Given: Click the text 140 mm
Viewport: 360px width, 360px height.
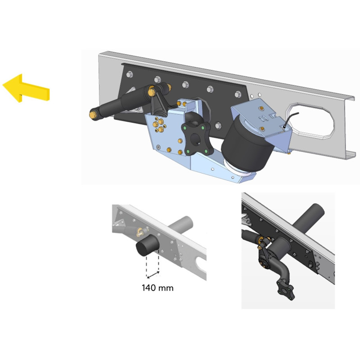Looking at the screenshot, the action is tap(157, 288).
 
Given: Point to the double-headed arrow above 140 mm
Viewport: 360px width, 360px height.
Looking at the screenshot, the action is tap(153, 275).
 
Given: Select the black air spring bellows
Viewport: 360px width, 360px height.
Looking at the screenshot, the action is tap(247, 144).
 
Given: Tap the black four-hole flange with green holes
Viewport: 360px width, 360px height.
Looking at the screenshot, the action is tap(196, 139).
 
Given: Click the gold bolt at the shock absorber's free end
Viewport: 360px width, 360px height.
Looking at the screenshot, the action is tap(93, 114).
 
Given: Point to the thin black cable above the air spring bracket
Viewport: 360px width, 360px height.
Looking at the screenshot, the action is tap(291, 118).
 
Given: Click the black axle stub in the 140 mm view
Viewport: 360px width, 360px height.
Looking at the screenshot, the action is tap(147, 245).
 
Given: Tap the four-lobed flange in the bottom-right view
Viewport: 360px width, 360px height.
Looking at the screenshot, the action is tap(286, 289).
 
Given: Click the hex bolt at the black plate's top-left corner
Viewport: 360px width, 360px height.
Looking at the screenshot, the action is tap(129, 74).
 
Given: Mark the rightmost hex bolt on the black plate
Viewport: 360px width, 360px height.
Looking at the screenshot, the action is tap(238, 94).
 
